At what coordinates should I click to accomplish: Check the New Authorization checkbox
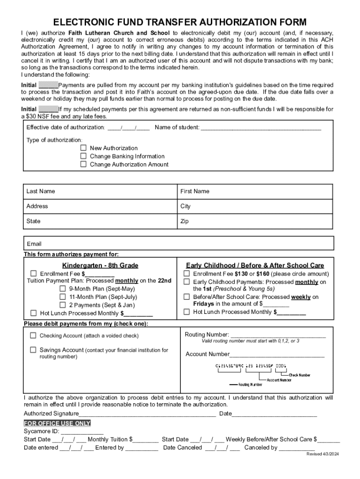(x=83, y=148)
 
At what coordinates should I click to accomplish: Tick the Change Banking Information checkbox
(x=83, y=156)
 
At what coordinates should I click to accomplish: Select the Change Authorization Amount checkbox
(x=83, y=164)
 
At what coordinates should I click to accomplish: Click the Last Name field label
(x=41, y=191)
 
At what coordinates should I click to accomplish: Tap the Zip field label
(x=185, y=221)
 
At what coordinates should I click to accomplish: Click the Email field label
(x=34, y=244)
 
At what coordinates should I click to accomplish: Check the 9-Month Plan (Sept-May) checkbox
(x=63, y=289)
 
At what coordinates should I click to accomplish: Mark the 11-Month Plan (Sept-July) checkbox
(x=63, y=297)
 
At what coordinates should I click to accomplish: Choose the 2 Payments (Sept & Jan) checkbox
(x=63, y=305)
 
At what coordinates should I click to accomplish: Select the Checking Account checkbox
(x=33, y=335)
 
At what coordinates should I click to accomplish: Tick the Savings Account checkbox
(x=33, y=350)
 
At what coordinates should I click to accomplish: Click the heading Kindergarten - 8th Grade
(x=100, y=265)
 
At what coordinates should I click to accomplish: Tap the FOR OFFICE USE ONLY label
(x=57, y=423)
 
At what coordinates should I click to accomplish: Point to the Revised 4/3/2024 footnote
(x=322, y=455)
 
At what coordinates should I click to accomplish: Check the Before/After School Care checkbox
(x=187, y=297)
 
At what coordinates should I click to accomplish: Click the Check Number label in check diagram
(x=299, y=375)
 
